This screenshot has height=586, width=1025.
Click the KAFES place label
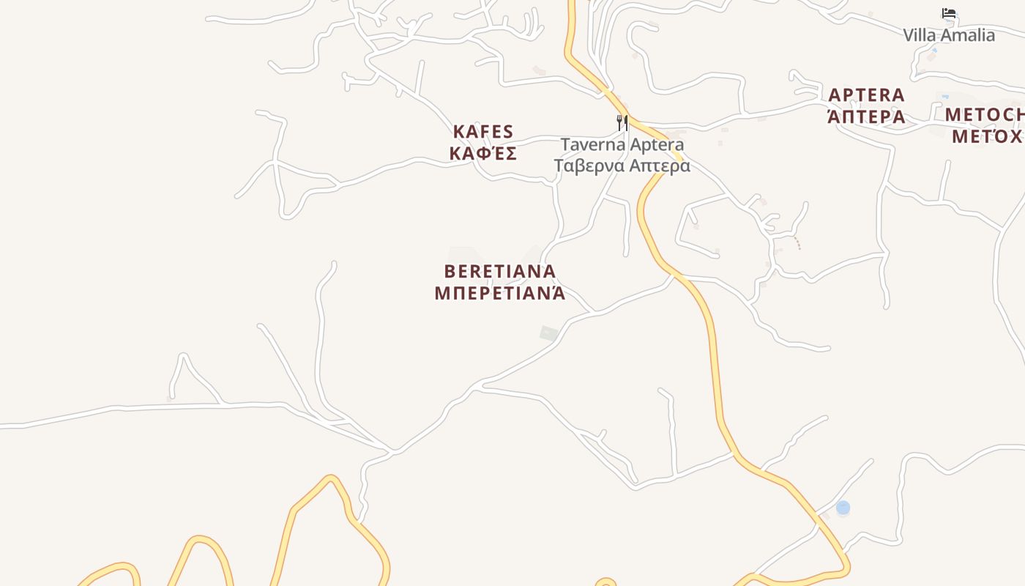(483, 132)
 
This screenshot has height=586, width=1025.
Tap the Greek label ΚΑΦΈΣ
(483, 154)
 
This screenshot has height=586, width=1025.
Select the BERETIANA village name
(500, 272)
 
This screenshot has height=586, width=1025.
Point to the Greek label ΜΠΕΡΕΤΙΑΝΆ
(500, 294)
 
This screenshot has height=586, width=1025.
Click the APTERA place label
(867, 95)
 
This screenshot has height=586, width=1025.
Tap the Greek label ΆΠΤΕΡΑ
(867, 117)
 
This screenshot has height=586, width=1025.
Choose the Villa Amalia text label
(949, 35)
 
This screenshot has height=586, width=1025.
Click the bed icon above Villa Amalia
(949, 13)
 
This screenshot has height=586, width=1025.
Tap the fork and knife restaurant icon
(622, 122)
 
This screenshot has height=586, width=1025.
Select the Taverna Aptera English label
(622, 144)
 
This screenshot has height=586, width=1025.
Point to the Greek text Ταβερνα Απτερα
(622, 166)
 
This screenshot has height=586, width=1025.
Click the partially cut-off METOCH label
(985, 115)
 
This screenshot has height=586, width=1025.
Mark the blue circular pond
(843, 507)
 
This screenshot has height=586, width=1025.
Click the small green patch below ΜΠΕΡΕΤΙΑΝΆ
(548, 333)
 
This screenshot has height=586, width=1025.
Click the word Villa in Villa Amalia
(919, 35)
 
